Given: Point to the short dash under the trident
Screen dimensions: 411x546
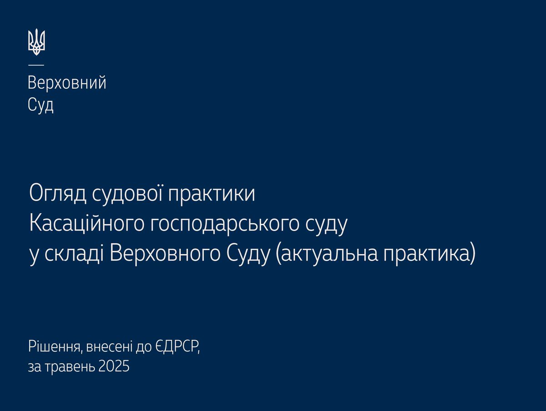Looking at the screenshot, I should click(x=36, y=64).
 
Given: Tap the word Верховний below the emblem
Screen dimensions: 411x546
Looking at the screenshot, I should click(x=67, y=83).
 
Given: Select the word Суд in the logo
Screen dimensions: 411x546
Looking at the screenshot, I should click(x=40, y=105).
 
